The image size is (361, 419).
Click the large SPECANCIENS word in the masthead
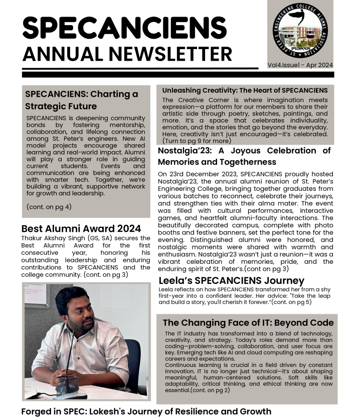(124, 28)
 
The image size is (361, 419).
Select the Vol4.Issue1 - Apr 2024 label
(300, 65)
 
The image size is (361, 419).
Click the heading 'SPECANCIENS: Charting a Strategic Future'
(81, 100)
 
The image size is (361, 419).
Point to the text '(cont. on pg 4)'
(49, 206)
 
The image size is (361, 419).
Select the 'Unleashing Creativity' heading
(245, 91)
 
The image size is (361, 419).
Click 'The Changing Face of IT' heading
(248, 322)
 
